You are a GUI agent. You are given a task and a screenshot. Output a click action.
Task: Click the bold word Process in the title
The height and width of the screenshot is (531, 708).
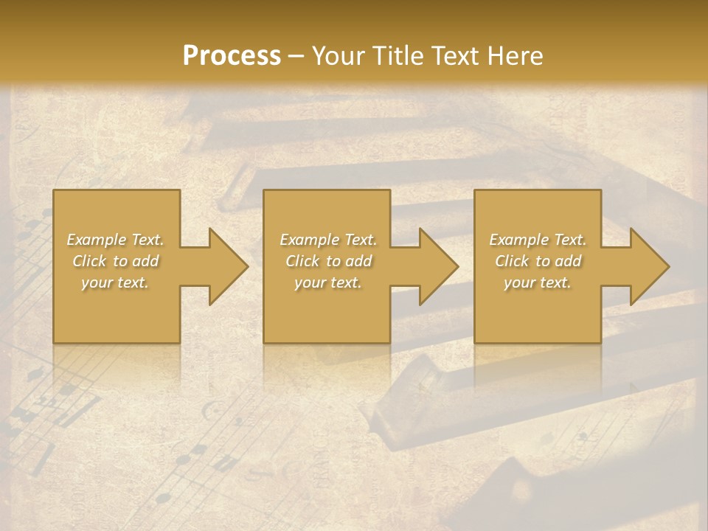(x=232, y=55)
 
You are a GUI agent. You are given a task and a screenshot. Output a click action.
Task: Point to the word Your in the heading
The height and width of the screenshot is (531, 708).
(x=340, y=55)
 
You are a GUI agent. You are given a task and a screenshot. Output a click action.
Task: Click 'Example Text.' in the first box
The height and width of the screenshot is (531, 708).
(x=115, y=240)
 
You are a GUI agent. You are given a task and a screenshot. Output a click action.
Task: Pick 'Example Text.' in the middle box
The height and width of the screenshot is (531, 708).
(x=328, y=240)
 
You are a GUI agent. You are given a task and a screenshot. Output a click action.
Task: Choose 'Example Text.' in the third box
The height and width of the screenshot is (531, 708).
(x=538, y=240)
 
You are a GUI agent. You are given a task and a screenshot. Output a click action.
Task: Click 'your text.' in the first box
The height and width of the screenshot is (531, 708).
(x=115, y=282)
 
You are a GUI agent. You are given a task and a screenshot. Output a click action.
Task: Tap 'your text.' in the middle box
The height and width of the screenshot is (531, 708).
(x=328, y=282)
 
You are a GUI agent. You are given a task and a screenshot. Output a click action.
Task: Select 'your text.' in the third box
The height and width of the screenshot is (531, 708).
(x=538, y=282)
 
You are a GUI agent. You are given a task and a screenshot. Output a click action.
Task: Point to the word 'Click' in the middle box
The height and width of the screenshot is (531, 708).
(x=302, y=261)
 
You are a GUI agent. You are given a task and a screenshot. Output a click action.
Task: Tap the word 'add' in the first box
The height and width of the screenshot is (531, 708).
(x=145, y=261)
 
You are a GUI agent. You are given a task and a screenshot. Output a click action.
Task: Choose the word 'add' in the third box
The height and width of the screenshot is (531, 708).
(x=569, y=261)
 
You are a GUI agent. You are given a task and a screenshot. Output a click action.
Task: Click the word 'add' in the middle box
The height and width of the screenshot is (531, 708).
(x=358, y=261)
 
